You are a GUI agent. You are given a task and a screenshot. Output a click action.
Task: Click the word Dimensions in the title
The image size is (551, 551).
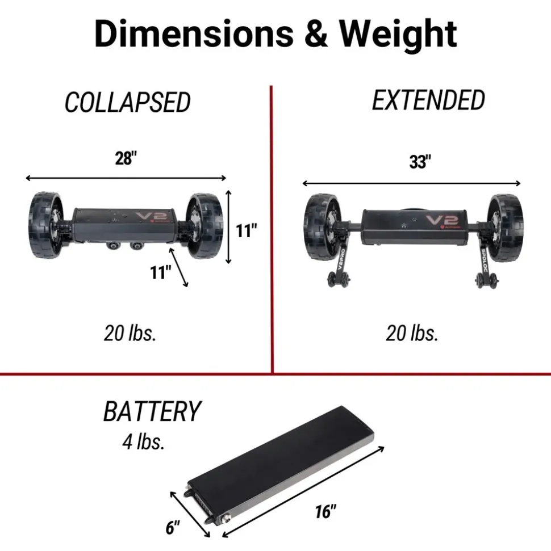coord(194,33)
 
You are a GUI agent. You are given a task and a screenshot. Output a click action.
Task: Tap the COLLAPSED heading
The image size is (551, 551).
coord(127,102)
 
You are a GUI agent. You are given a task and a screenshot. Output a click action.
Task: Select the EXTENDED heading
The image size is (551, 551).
coord(428,100)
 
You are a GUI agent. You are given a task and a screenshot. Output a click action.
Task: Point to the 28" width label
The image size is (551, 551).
coord(126,158)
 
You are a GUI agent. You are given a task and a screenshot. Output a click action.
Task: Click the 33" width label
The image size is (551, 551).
coord(420,162)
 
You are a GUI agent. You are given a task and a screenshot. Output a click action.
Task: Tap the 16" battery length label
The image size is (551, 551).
coord(325,511)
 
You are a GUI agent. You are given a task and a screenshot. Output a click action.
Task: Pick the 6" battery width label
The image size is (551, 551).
coord(173,528)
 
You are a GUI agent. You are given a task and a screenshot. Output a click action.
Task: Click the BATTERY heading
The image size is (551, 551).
coord(152,411)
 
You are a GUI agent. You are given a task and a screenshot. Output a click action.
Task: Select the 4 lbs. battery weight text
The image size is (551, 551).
coord(144,441)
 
